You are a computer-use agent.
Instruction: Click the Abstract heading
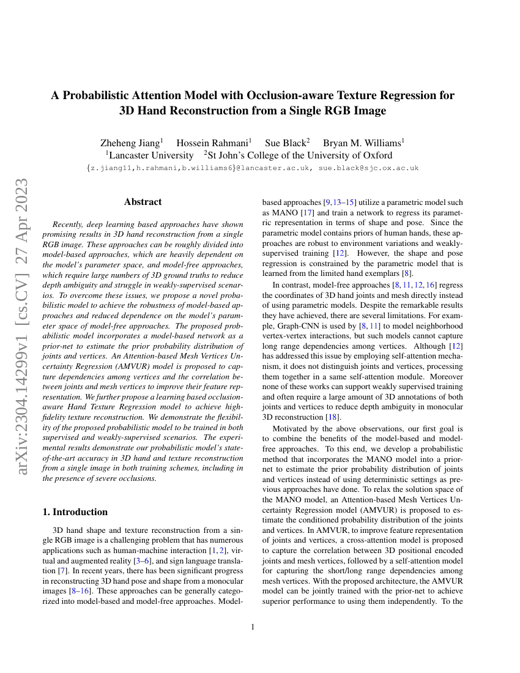tap(143, 202)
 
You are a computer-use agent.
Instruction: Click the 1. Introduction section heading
tap(75, 511)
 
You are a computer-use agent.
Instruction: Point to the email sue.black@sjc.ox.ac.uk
tap(368, 168)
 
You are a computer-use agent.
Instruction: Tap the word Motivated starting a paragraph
tap(293, 429)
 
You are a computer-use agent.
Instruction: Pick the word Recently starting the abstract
tap(71, 225)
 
